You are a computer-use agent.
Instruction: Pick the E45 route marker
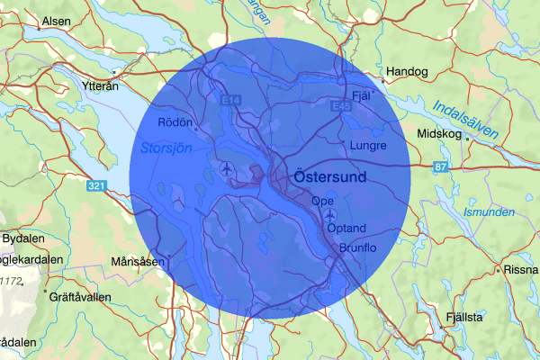(x=339, y=106)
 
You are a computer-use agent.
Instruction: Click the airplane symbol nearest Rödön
(x=225, y=168)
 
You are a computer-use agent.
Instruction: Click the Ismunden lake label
(x=488, y=212)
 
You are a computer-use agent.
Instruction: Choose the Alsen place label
(x=54, y=20)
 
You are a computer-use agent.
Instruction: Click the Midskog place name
(x=439, y=134)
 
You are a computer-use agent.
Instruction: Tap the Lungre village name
(x=369, y=145)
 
